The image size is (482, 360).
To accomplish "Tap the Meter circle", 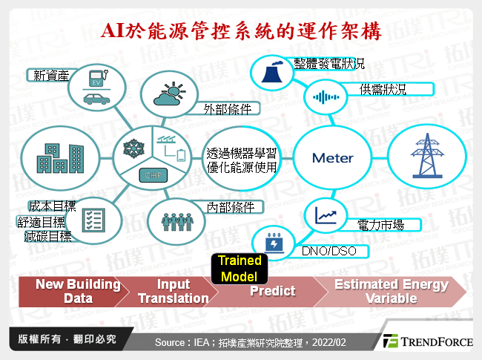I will pyautogui.click(x=332, y=157).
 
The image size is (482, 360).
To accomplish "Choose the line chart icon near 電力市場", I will pyautogui.click(x=326, y=215).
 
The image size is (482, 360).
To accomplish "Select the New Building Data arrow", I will pyautogui.click(x=67, y=292).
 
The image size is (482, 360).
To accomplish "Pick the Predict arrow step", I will pyautogui.click(x=271, y=291).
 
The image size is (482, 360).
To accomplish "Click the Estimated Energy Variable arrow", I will pyautogui.click(x=391, y=292).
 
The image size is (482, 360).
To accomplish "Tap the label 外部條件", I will pyautogui.click(x=228, y=108).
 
